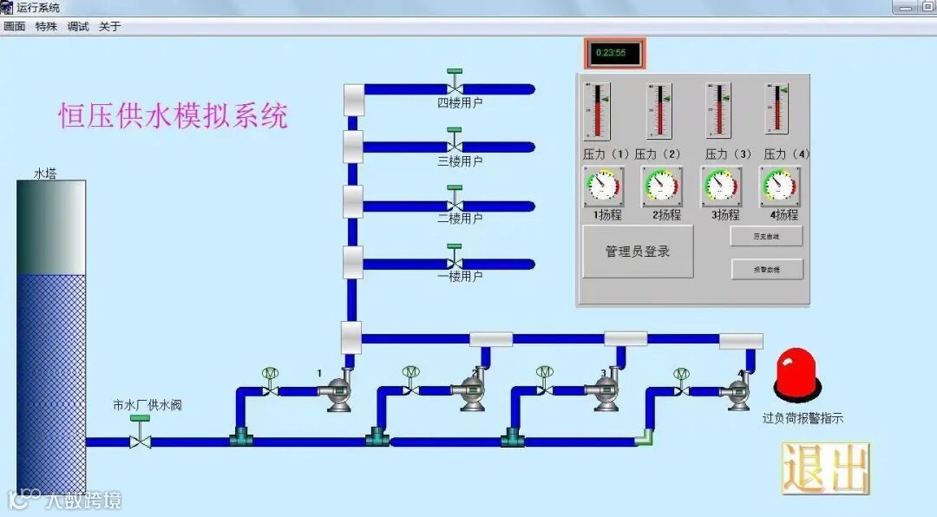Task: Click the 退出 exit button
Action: (x=825, y=468)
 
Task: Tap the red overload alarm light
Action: (x=796, y=376)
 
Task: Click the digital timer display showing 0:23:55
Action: (x=615, y=53)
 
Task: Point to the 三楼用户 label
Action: (x=460, y=161)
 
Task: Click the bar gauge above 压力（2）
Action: (x=659, y=110)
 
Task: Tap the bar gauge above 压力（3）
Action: (x=718, y=110)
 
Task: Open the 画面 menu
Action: (x=15, y=26)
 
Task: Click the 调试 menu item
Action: (x=78, y=26)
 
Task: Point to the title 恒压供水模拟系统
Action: (x=173, y=115)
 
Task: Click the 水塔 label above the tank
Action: (x=45, y=173)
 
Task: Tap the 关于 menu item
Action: (x=110, y=26)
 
